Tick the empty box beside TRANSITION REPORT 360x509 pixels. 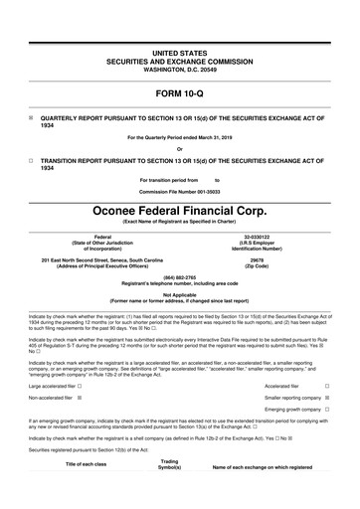(x=31, y=159)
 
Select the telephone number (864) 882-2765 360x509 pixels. (x=179, y=277)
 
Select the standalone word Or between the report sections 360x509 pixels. (x=179, y=147)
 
